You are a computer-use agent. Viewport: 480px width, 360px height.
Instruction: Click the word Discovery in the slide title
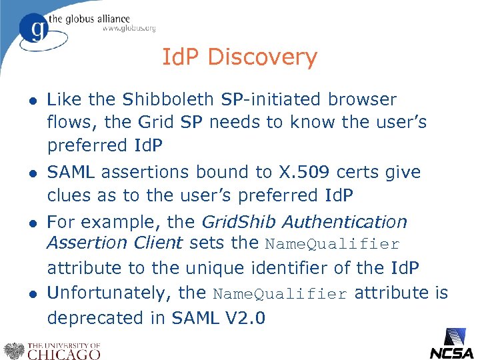(x=262, y=58)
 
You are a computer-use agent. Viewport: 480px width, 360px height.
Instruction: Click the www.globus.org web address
(x=129, y=28)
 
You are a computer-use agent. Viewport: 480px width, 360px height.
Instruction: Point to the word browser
(x=362, y=100)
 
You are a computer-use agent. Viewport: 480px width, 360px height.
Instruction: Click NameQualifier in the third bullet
(x=341, y=245)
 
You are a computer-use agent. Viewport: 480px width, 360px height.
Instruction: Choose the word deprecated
(x=97, y=318)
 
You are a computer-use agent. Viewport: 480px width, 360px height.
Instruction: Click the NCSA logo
(x=451, y=343)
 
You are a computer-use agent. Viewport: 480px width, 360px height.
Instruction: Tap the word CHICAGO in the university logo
(x=63, y=353)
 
